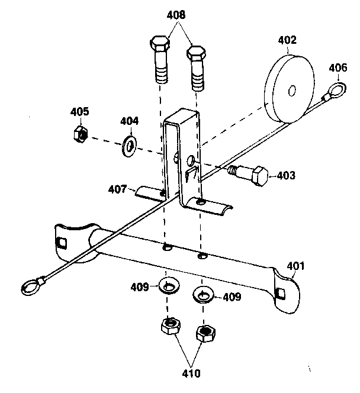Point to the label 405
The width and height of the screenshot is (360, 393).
(x=79, y=111)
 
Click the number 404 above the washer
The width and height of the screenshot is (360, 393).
(x=129, y=121)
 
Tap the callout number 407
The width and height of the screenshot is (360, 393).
(x=117, y=190)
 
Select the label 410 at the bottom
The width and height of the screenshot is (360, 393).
(x=191, y=373)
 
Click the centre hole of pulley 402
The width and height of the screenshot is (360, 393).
(x=291, y=91)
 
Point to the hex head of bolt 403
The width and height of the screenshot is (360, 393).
(x=258, y=176)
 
